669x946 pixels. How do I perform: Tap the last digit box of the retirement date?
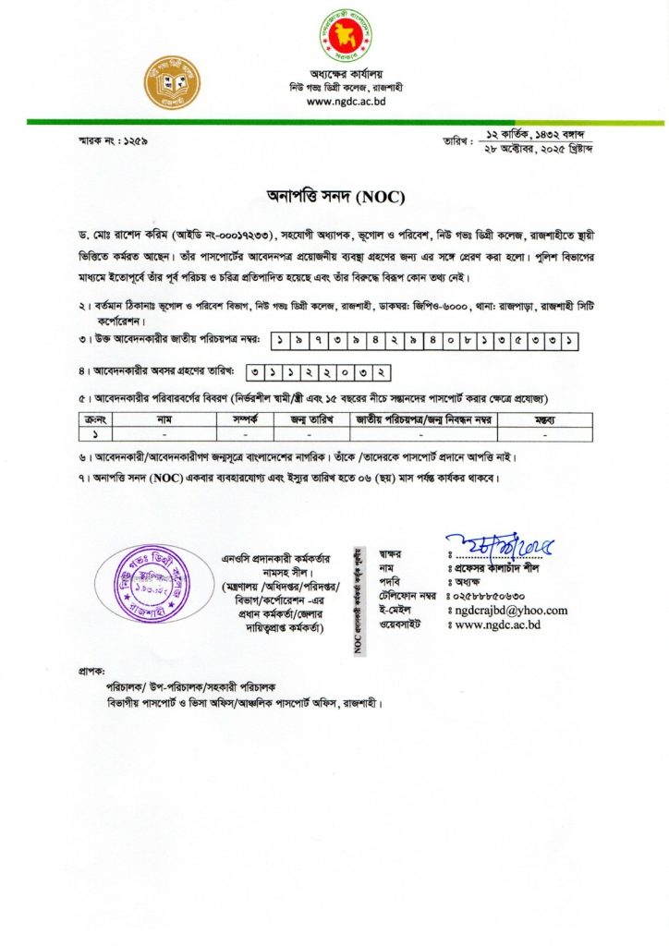378,371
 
